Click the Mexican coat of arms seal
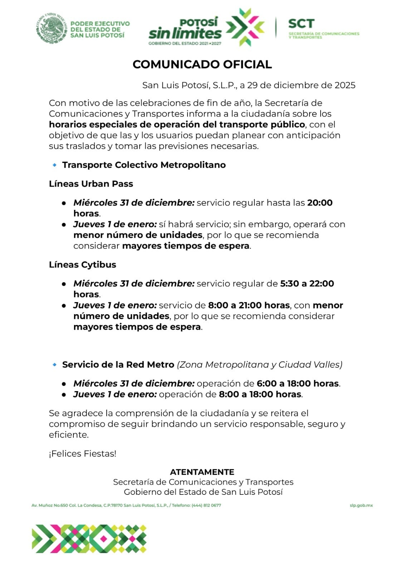(52, 28)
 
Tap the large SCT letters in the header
(301, 24)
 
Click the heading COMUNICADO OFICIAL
(202, 64)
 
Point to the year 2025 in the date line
(345, 85)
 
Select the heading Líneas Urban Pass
(91, 184)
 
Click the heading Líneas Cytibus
(83, 265)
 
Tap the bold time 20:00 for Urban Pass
(320, 203)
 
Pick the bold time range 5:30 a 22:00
(307, 283)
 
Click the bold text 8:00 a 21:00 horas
(249, 305)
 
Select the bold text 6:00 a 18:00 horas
(298, 384)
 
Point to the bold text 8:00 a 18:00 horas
(260, 394)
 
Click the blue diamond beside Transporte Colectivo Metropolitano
(54, 165)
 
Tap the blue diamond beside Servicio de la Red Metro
(54, 365)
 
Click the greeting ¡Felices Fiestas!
(83, 454)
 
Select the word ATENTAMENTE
(202, 472)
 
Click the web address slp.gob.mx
(361, 506)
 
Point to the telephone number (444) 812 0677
(206, 506)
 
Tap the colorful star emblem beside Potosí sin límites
(245, 27)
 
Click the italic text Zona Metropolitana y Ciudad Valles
(259, 365)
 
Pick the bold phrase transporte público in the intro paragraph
(262, 124)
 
